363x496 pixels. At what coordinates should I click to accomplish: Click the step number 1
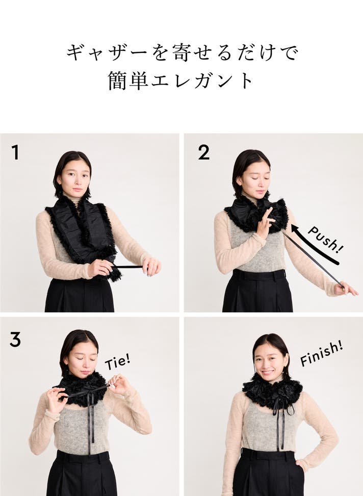[x=15, y=152]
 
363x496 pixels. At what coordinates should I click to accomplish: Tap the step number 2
[x=203, y=152]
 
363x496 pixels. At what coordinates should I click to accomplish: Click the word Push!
[x=325, y=240]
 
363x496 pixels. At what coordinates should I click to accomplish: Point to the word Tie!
[x=117, y=361]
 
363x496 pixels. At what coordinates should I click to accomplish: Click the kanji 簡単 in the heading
[x=127, y=81]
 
